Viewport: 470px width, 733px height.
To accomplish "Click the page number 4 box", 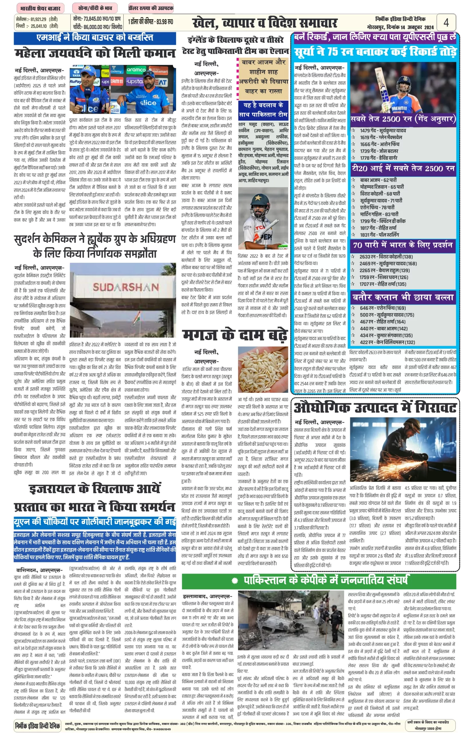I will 446,22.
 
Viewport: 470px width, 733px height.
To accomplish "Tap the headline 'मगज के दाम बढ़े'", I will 235,335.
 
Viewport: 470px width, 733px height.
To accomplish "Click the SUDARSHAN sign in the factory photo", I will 126,287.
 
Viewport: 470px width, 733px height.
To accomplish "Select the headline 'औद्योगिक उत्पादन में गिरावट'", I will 375,407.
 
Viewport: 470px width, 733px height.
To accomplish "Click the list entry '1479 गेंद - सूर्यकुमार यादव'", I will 383,131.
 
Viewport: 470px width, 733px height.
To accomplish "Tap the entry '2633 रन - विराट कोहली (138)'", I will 386,257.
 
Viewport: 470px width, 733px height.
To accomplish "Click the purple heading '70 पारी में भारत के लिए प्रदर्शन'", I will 402,245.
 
